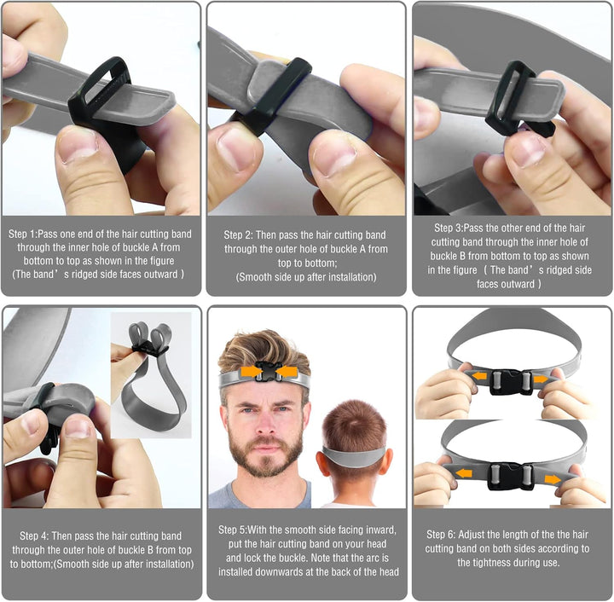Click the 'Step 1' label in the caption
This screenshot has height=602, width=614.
coord(26,233)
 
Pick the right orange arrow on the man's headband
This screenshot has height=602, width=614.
coord(286,372)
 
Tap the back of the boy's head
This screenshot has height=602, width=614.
coord(355,431)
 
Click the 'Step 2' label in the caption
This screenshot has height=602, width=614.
coord(242,234)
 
